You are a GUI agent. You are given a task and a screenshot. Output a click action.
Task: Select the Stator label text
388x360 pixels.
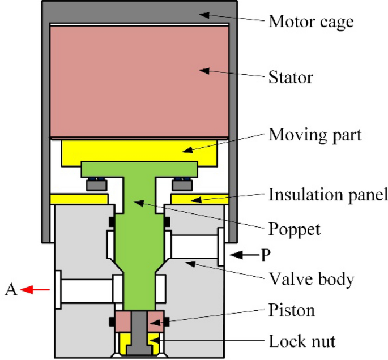point(290,76)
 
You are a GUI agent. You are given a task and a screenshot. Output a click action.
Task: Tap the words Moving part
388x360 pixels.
point(314,136)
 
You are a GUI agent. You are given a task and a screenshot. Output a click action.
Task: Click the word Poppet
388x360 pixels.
point(294,230)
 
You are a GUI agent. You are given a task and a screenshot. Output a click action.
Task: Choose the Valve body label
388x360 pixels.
point(311,279)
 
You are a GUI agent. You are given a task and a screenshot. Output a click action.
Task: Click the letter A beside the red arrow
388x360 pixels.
point(10,290)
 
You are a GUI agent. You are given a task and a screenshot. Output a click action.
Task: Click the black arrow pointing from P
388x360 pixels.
point(242,255)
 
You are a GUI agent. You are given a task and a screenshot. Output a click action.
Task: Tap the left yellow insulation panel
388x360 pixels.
point(79,199)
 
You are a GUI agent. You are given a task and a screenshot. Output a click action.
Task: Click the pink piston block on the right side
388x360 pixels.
point(156,322)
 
